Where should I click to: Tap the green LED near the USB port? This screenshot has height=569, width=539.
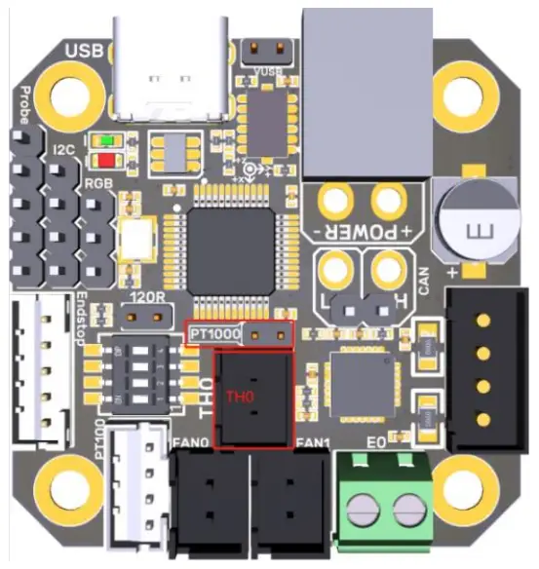[x=105, y=141]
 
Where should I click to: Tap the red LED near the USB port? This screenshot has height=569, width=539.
[x=105, y=159]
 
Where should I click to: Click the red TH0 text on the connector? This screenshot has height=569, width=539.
[x=240, y=397]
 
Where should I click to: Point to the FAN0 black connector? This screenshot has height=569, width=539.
[x=209, y=497]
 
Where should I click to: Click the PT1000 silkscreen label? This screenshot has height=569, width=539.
[x=212, y=334]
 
